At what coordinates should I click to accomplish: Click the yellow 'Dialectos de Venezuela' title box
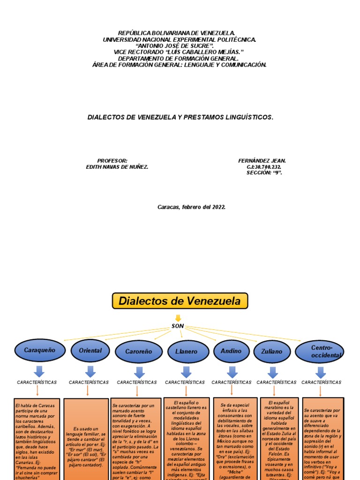(x=180, y=301)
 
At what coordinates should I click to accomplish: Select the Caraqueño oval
(x=40, y=351)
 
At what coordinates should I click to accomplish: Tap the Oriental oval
(x=90, y=351)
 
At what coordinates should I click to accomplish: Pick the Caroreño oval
(x=138, y=352)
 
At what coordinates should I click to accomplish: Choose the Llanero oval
(x=186, y=352)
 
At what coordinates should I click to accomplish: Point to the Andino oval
(x=231, y=351)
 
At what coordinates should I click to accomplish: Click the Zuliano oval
(x=272, y=352)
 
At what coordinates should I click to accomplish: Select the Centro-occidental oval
(x=321, y=352)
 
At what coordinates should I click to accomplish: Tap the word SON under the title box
(x=178, y=326)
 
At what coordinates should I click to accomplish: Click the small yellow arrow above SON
(x=178, y=318)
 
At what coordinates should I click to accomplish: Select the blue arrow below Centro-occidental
(x=321, y=372)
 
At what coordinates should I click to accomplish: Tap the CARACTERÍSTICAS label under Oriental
(x=89, y=382)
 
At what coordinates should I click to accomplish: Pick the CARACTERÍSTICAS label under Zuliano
(x=277, y=382)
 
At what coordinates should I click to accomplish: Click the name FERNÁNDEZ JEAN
(x=262, y=161)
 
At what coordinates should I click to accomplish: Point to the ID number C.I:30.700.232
(x=263, y=167)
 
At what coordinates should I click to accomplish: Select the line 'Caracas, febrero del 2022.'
(x=192, y=207)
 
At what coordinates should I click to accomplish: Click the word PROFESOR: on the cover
(x=112, y=161)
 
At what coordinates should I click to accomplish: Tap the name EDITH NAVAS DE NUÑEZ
(x=117, y=167)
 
